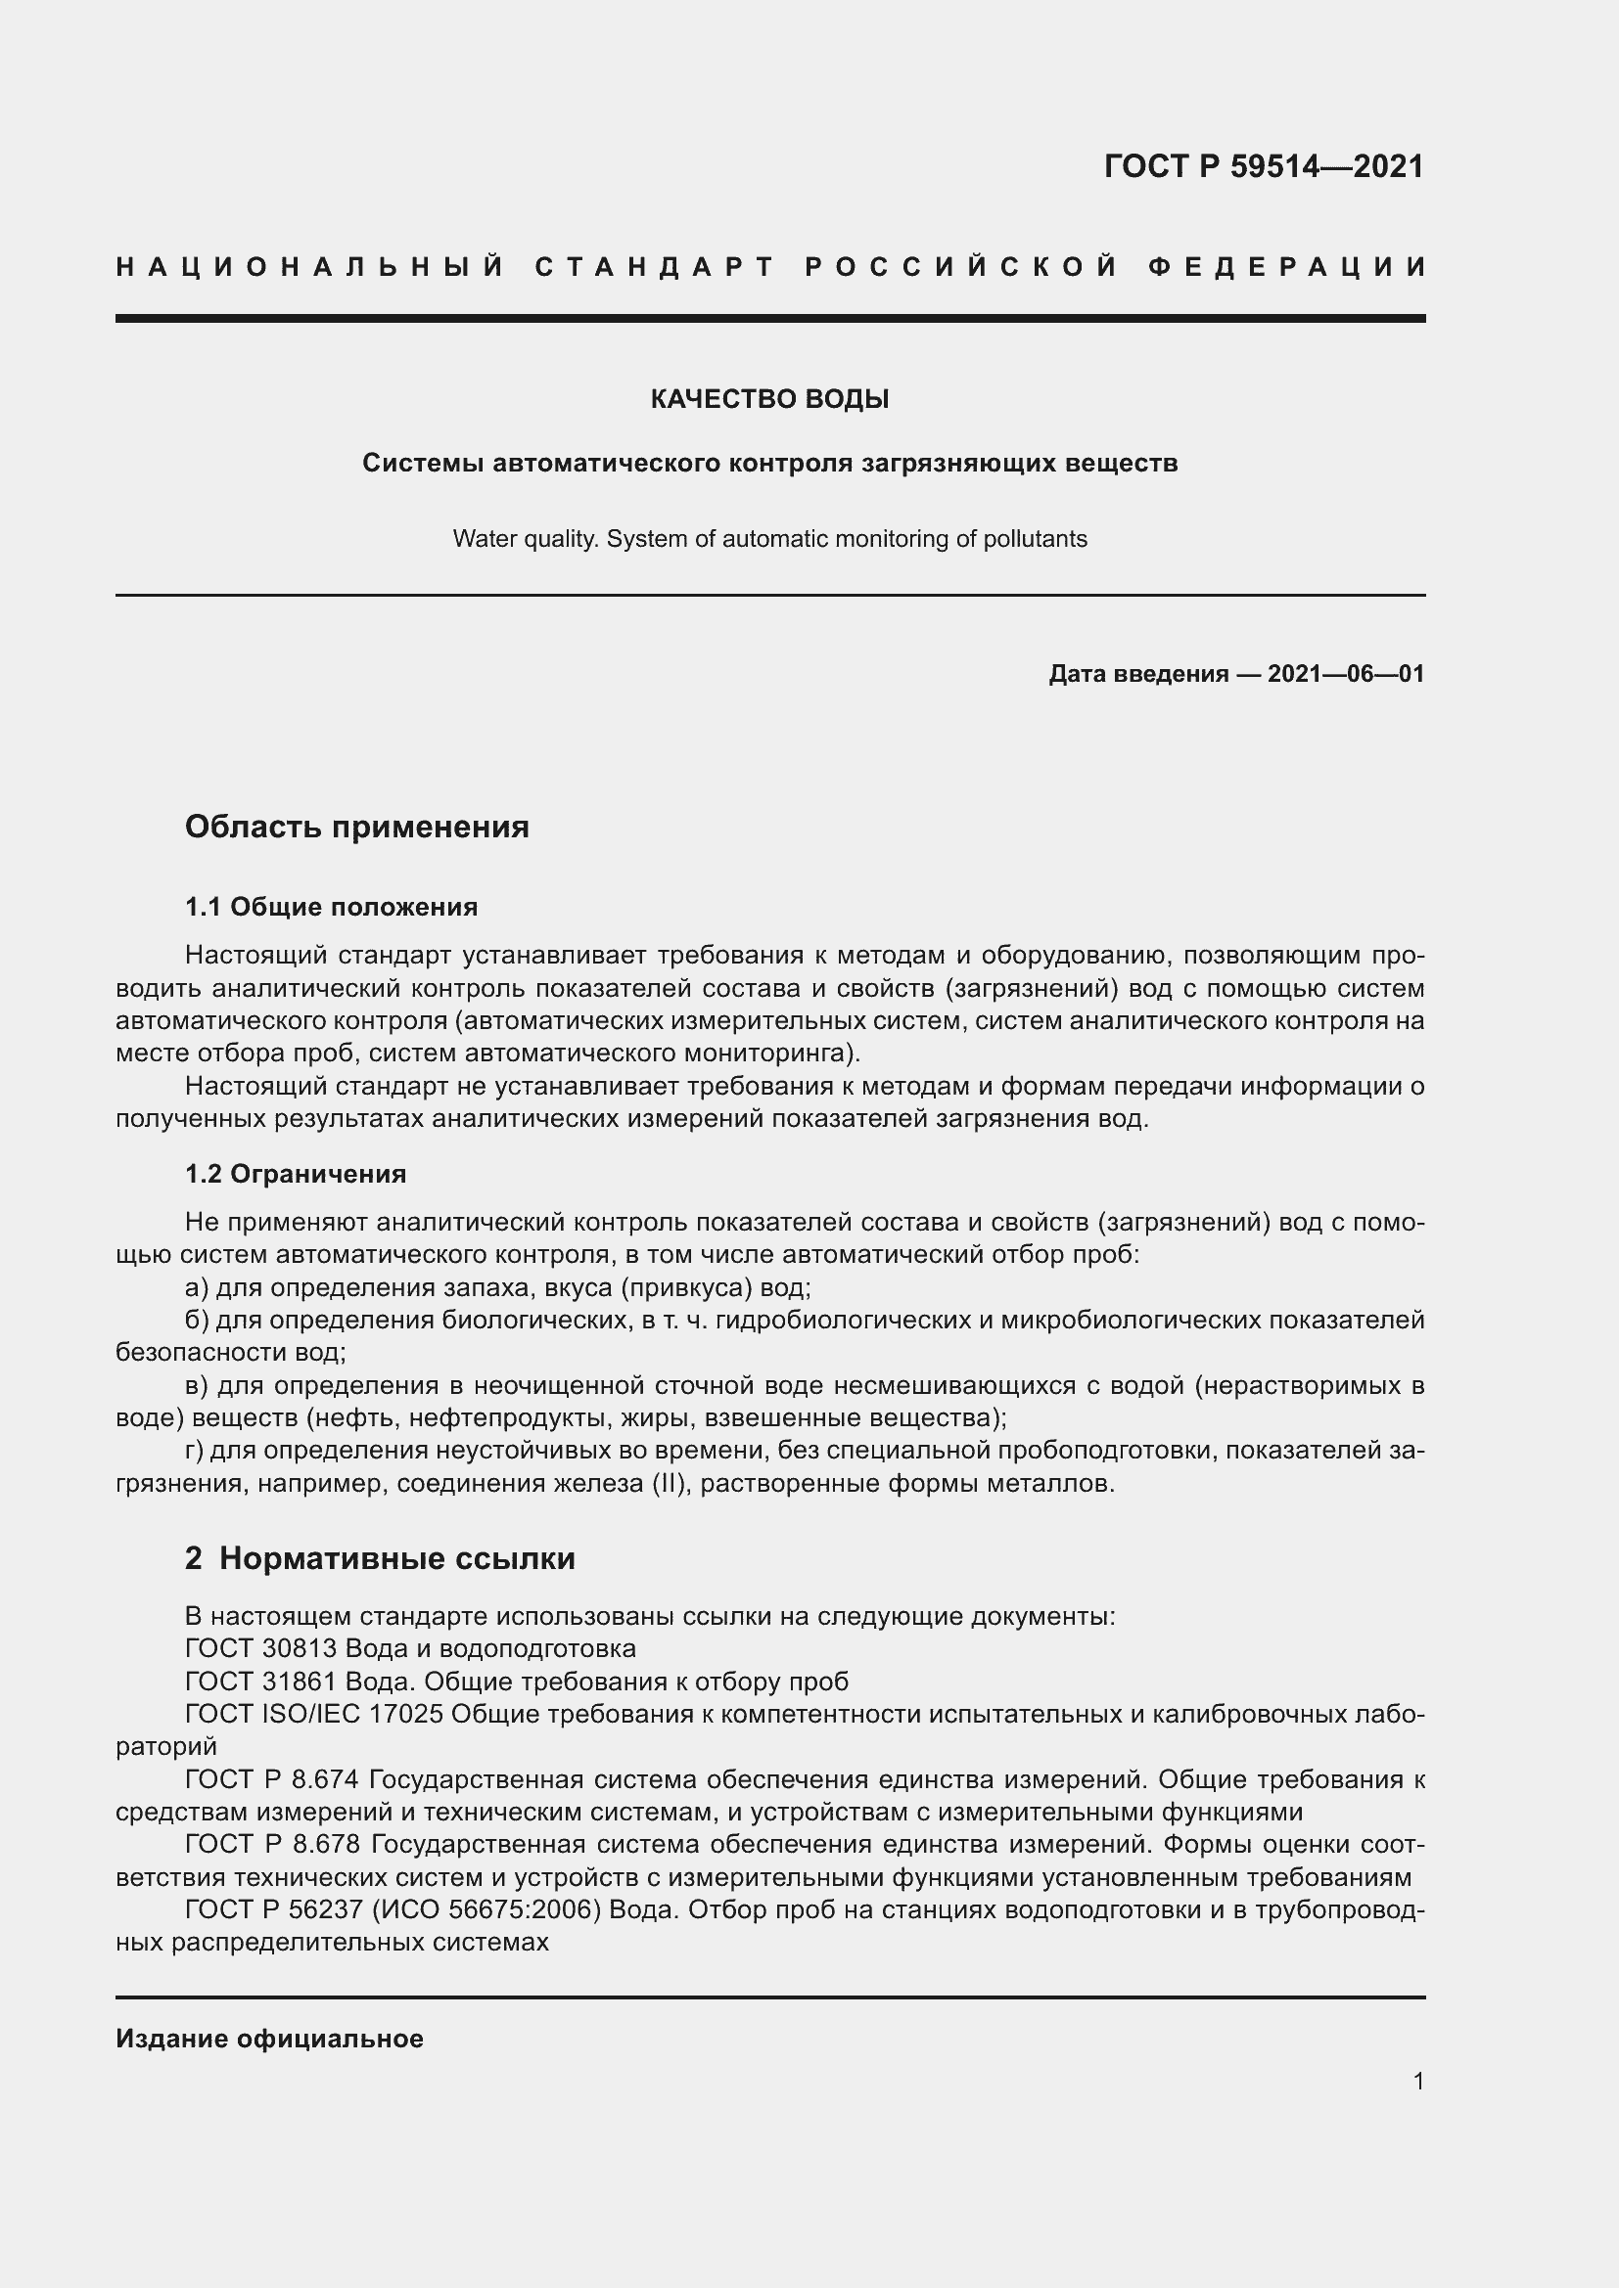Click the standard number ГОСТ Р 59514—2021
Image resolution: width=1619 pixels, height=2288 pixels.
[x=1263, y=166]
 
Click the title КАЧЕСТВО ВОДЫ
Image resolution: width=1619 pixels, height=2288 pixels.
[x=768, y=400]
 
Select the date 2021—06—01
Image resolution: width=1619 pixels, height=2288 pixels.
[x=1345, y=675]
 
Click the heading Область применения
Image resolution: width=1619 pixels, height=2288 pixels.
[x=357, y=827]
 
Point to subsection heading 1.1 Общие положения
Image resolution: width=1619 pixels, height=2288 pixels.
[x=331, y=907]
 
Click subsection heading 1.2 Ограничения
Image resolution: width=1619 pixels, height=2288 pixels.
[x=295, y=1174]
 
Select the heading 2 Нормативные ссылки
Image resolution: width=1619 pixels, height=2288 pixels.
[x=380, y=1558]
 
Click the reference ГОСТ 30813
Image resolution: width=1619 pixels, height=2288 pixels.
[x=261, y=1648]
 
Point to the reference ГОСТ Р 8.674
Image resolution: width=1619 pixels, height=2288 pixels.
[x=272, y=1779]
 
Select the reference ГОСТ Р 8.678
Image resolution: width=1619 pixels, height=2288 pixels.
[x=272, y=1846]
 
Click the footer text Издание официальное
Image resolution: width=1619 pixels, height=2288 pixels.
[x=269, y=2039]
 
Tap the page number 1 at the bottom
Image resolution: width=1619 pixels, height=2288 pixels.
[x=1417, y=2081]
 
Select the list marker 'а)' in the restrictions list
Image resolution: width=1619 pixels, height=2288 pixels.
[x=197, y=1287]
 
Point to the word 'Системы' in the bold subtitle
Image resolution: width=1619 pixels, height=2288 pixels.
[x=423, y=464]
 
